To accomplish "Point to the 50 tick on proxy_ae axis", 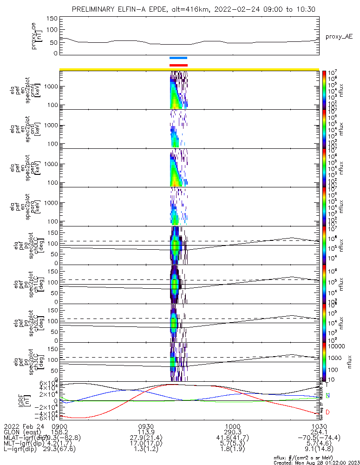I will [x=54, y=41].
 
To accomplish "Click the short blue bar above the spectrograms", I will [x=178, y=58].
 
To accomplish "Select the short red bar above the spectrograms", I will [x=178, y=65].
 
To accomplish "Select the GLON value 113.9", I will [x=146, y=432].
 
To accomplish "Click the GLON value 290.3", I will [x=232, y=432].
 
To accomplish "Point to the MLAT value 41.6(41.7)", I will [x=232, y=438].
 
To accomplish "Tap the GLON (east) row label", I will [x=23, y=432].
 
